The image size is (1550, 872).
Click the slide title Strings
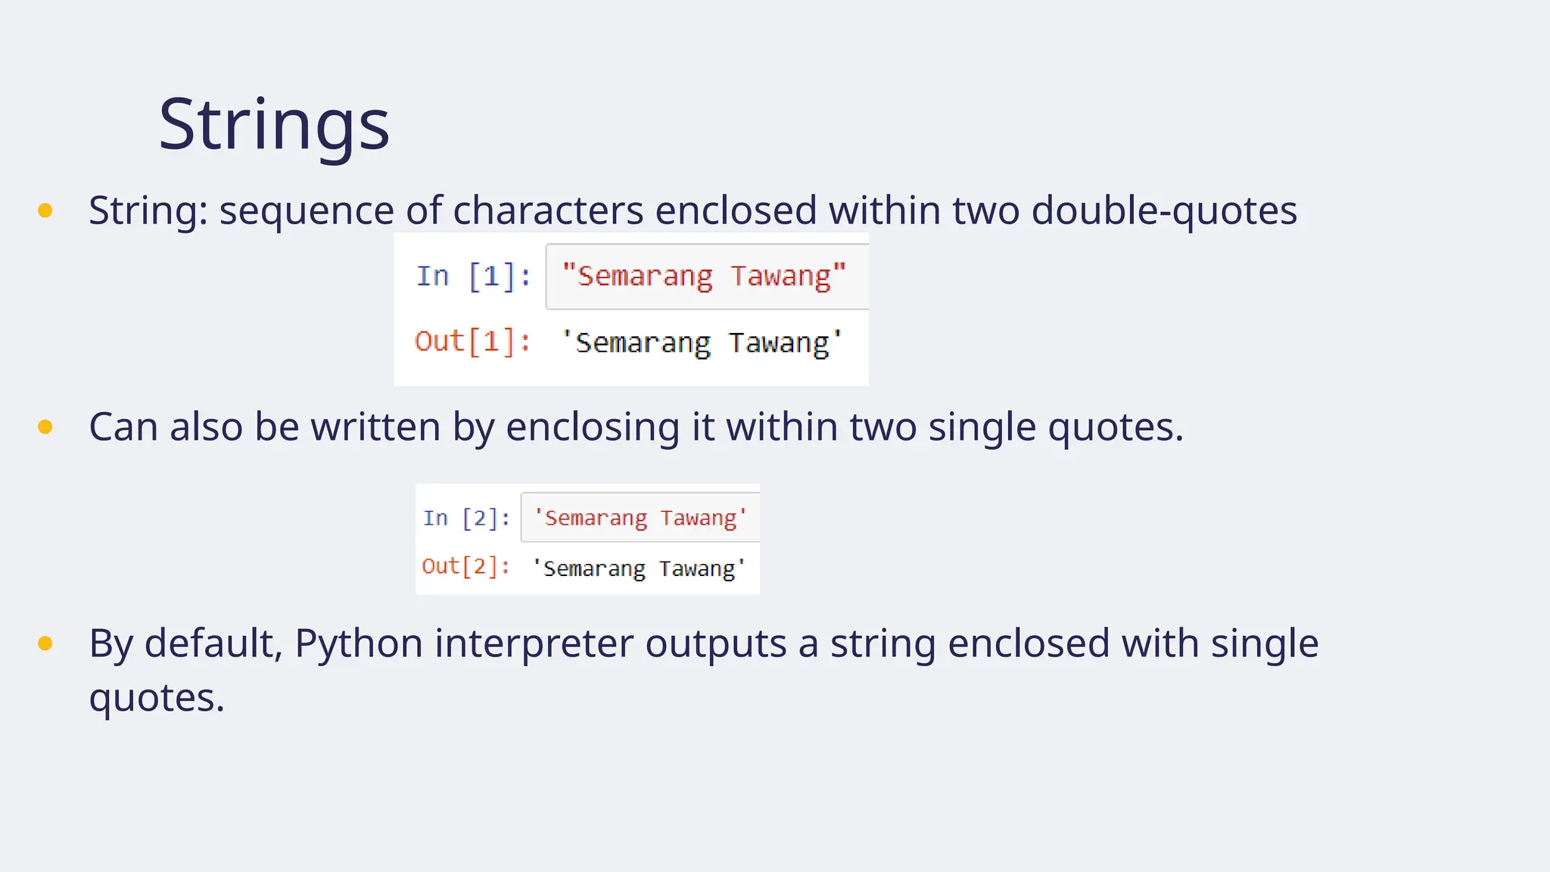pyautogui.click(x=274, y=124)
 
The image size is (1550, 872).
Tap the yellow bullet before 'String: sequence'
pyautogui.click(x=45, y=210)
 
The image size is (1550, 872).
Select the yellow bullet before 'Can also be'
pyautogui.click(x=45, y=427)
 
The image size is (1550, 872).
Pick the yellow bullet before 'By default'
pyautogui.click(x=45, y=643)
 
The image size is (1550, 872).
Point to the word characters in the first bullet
pyautogui.click(x=548, y=210)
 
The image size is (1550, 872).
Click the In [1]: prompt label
pyautogui.click(x=473, y=276)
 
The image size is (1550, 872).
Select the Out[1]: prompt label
pyautogui.click(x=472, y=342)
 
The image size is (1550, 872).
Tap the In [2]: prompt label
pyautogui.click(x=466, y=518)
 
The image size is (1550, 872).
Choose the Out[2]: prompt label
pyautogui.click(x=465, y=566)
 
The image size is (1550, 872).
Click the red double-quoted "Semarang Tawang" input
pyautogui.click(x=704, y=276)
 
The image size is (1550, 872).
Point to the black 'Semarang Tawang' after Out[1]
pyautogui.click(x=702, y=343)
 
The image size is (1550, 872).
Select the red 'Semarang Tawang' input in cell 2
pyautogui.click(x=640, y=518)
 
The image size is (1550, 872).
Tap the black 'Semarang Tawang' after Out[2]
pyautogui.click(x=639, y=568)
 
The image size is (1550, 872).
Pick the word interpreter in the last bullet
pyautogui.click(x=534, y=643)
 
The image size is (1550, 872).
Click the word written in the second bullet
pyautogui.click(x=376, y=427)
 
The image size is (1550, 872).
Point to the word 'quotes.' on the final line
pyautogui.click(x=157, y=698)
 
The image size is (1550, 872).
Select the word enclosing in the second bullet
pyautogui.click(x=593, y=427)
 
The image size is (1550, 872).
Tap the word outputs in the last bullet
pyautogui.click(x=716, y=643)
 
